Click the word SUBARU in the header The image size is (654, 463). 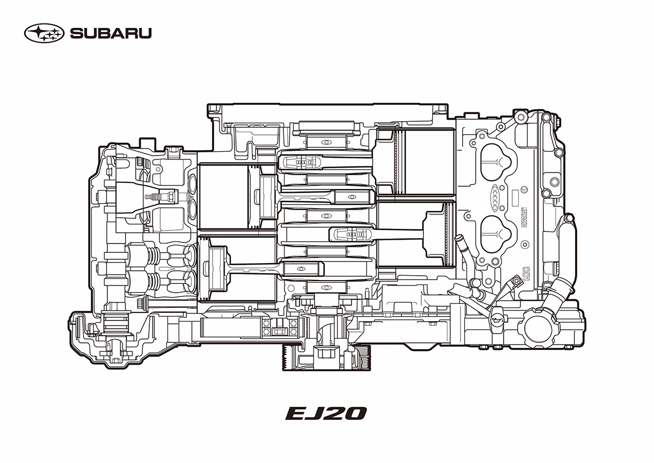[x=111, y=34]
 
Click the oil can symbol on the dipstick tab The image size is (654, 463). [x=496, y=319]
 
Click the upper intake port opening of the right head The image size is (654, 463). [x=495, y=159]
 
